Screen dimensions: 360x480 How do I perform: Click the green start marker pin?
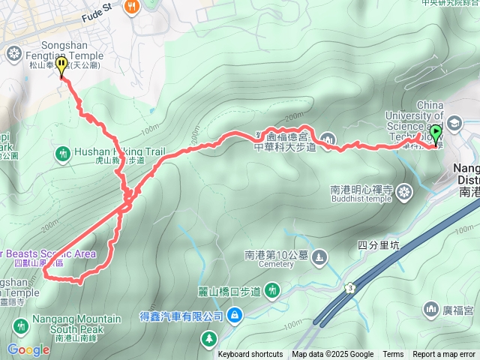[436, 135]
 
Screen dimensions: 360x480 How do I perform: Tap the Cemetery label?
[279, 265]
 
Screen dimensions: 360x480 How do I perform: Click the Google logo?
[28, 349]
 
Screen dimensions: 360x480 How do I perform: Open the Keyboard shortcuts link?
[250, 355]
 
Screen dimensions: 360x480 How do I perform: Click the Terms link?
[393, 355]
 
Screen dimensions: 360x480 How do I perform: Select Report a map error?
[444, 355]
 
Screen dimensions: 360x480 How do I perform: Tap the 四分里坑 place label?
[379, 245]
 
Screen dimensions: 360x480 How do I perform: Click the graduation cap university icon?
[454, 122]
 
